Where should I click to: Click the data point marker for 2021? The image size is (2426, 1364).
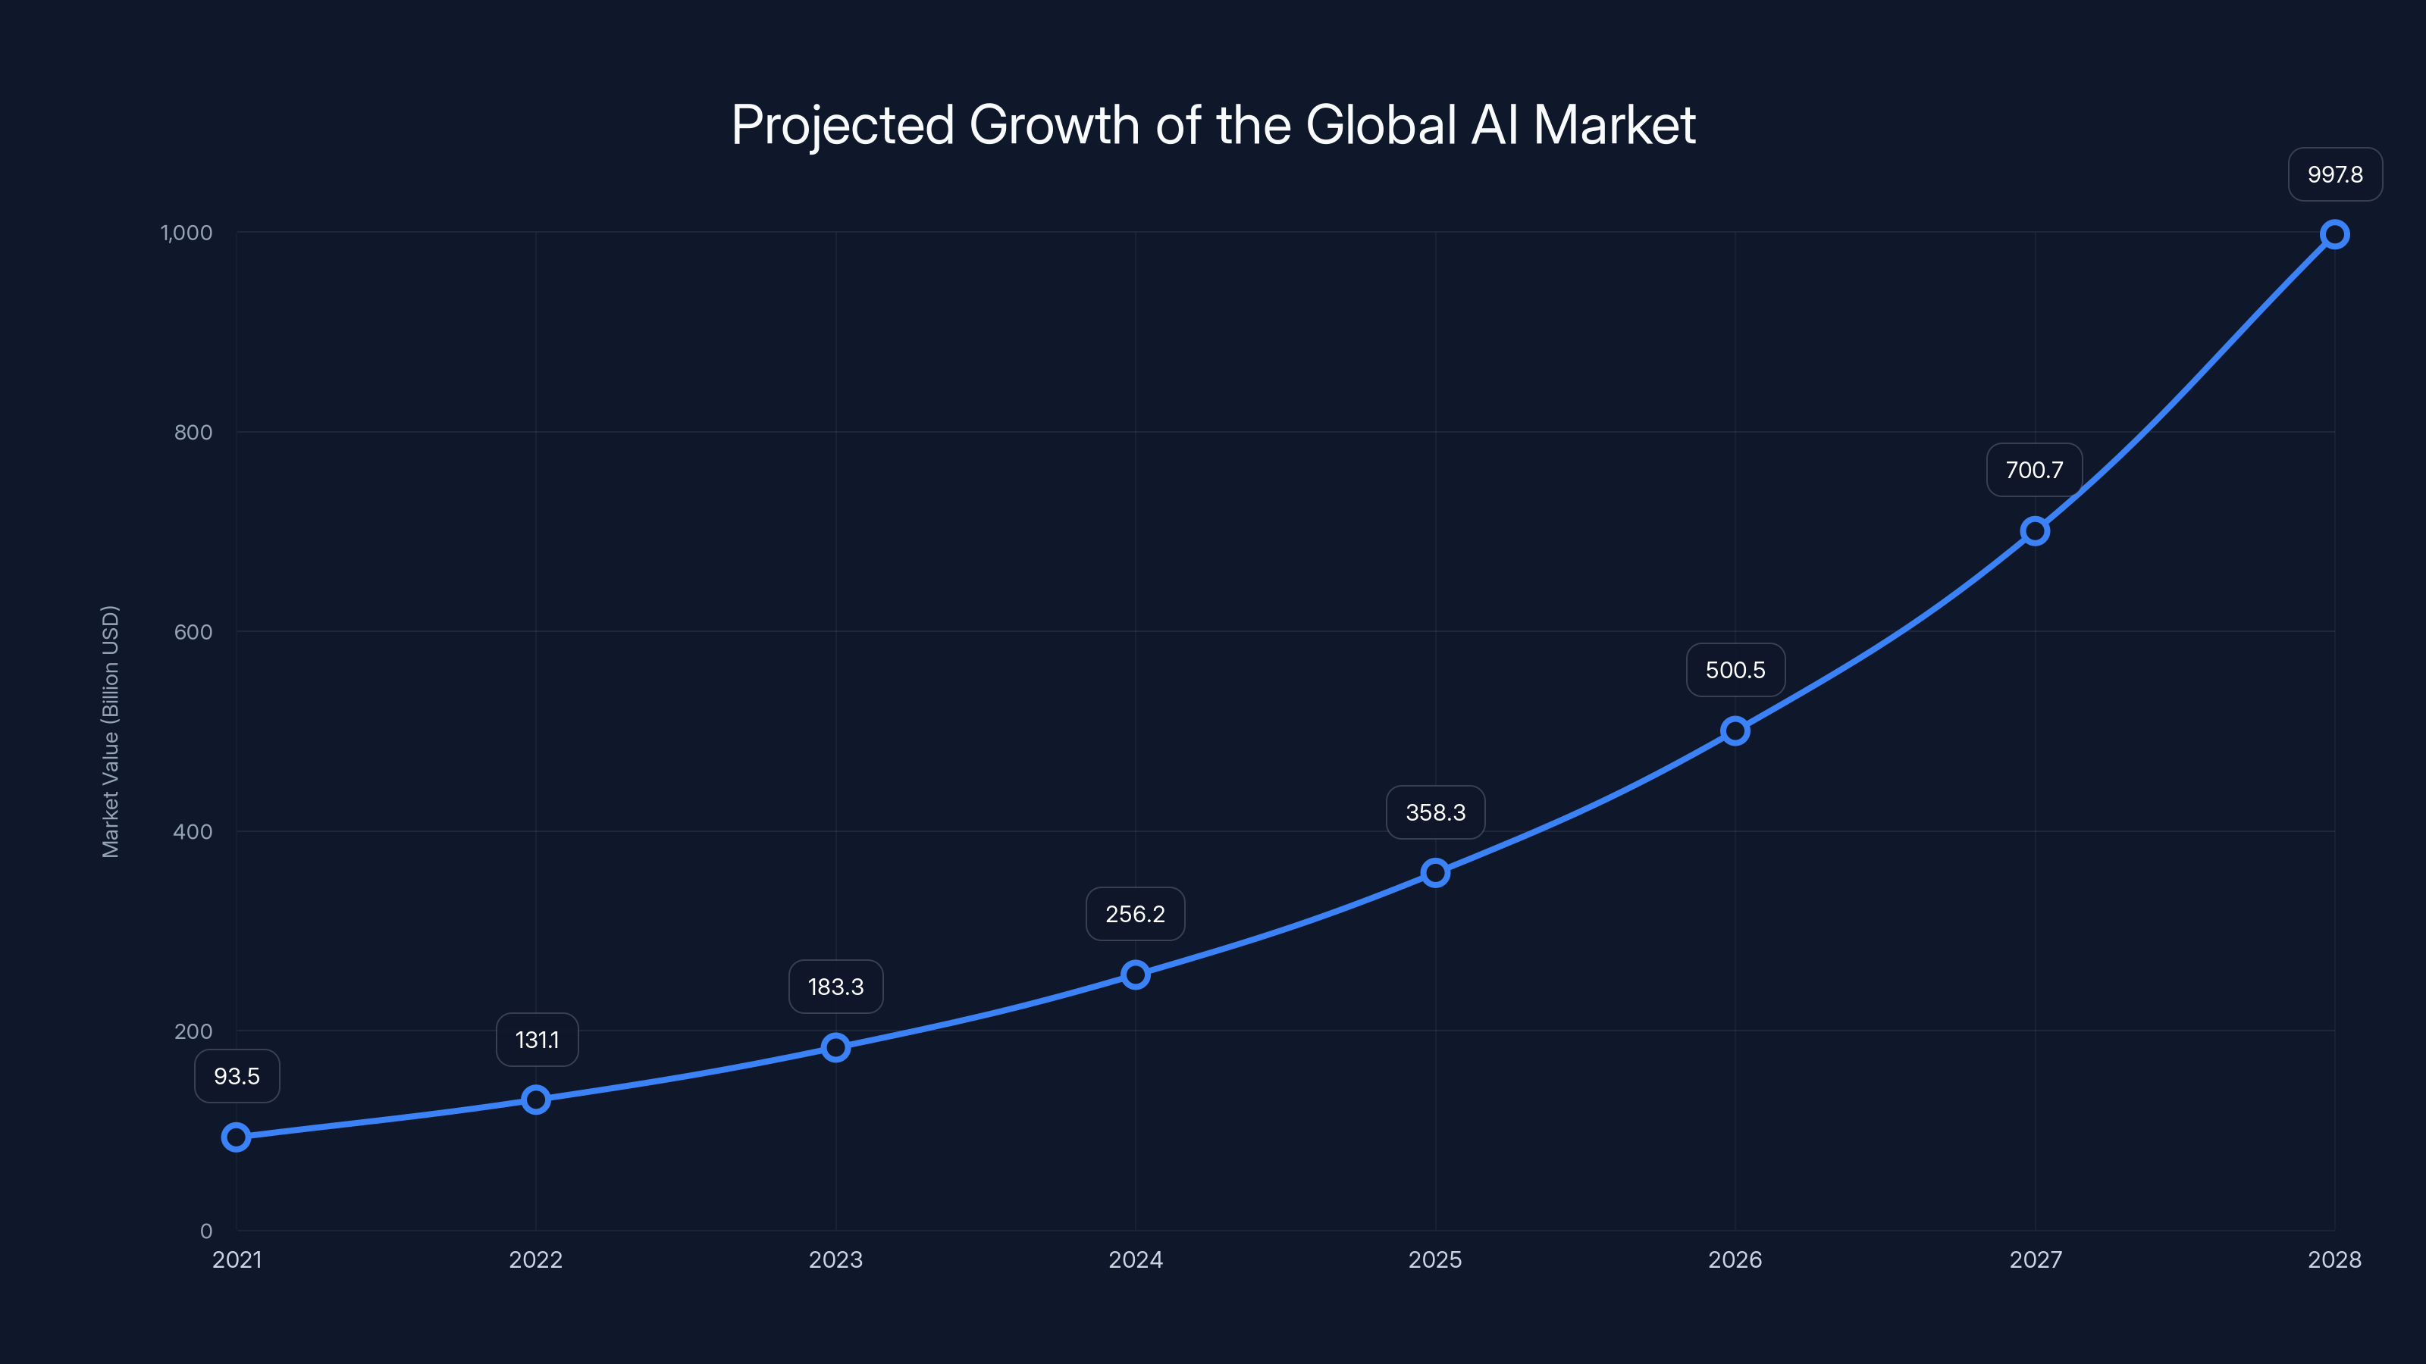[x=237, y=1137]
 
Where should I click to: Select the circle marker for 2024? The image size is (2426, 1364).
[x=1135, y=975]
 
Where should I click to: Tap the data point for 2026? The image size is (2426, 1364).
[x=1735, y=730]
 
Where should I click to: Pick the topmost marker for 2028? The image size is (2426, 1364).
[x=2334, y=234]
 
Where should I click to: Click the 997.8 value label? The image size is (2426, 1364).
[x=2335, y=174]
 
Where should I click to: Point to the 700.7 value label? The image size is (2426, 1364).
[x=2034, y=470]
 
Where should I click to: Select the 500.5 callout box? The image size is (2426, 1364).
[x=1735, y=670]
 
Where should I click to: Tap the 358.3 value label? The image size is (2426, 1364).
[x=1435, y=812]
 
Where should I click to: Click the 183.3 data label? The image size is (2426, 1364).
[x=835, y=987]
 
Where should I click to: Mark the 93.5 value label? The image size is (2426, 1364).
[x=237, y=1076]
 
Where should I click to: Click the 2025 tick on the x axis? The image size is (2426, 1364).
[x=1434, y=1259]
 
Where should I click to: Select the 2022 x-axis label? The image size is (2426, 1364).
[x=536, y=1259]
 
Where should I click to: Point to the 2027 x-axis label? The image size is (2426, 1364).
[x=2035, y=1259]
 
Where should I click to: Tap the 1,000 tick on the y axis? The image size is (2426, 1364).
[x=186, y=233]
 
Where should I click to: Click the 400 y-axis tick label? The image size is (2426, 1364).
[x=193, y=831]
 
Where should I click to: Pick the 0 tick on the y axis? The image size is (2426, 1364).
[x=206, y=1231]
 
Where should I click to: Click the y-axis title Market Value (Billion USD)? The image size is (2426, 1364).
[x=110, y=731]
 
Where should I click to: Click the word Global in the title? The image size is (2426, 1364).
[x=1381, y=125]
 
